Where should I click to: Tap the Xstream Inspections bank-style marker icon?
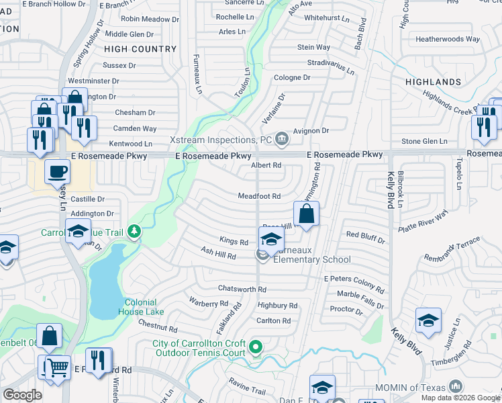tap(282, 140)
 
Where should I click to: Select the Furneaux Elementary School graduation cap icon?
tap(270, 239)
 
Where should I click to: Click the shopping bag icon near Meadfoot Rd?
tap(306, 215)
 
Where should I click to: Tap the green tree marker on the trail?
tap(135, 232)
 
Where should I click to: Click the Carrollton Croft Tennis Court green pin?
tap(255, 347)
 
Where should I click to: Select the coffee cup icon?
tap(58, 171)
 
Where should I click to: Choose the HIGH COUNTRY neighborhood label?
tap(140, 49)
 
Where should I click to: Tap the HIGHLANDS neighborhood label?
tap(433, 82)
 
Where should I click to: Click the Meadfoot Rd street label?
tap(258, 196)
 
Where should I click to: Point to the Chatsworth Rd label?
tap(242, 289)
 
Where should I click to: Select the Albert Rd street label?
tap(266, 165)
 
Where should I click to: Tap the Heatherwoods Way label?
tap(448, 39)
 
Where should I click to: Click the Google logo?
tap(22, 395)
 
